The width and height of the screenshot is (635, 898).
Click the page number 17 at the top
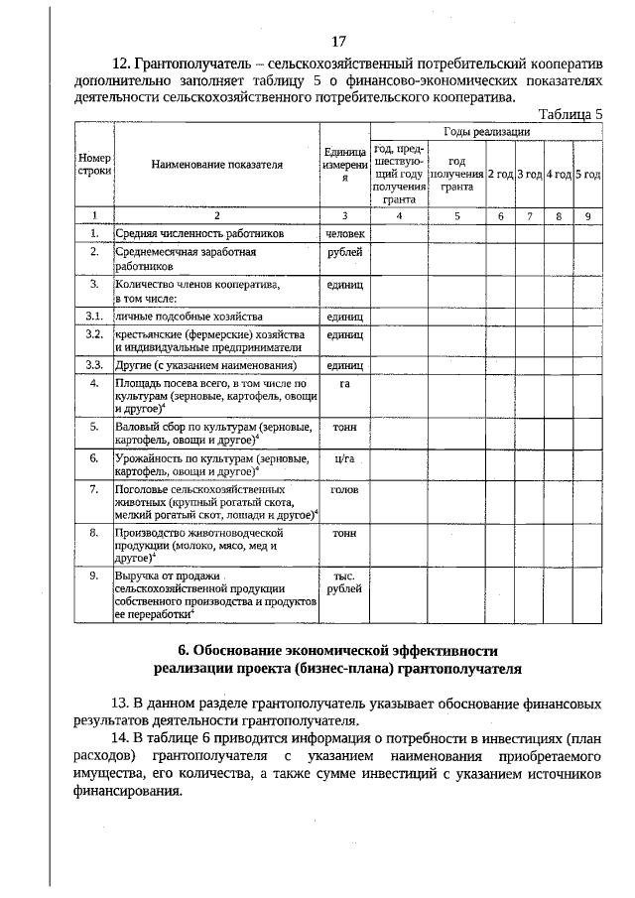tap(338, 41)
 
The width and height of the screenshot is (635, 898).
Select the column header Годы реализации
tap(486, 132)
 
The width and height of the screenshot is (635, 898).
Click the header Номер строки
tap(93, 166)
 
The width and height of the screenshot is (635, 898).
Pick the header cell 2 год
tap(499, 174)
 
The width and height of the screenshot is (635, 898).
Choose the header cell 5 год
tap(587, 174)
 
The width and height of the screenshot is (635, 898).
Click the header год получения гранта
tap(456, 174)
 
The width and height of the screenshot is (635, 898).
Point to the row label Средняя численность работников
tap(199, 233)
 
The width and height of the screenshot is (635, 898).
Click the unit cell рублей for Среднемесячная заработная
tap(344, 253)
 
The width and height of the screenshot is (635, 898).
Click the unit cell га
tap(344, 382)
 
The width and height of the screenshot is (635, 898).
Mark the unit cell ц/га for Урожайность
tap(344, 457)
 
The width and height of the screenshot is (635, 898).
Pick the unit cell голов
tap(344, 489)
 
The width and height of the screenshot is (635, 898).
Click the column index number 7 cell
tap(530, 214)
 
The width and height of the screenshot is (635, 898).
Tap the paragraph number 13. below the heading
tap(125, 704)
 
